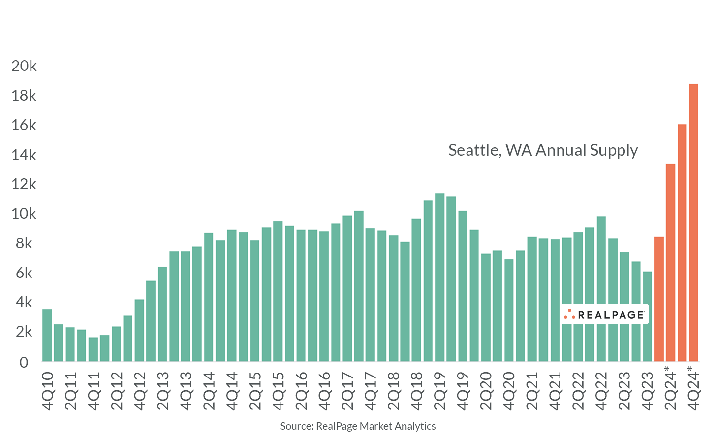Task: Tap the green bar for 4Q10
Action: [47, 336]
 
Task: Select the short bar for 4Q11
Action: [93, 349]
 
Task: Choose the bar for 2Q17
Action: [347, 289]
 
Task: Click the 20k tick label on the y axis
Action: [24, 66]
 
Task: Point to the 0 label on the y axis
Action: [24, 362]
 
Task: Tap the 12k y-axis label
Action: [24, 184]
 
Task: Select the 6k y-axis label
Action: [24, 273]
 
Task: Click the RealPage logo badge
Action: [604, 314]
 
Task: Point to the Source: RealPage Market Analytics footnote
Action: [358, 426]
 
